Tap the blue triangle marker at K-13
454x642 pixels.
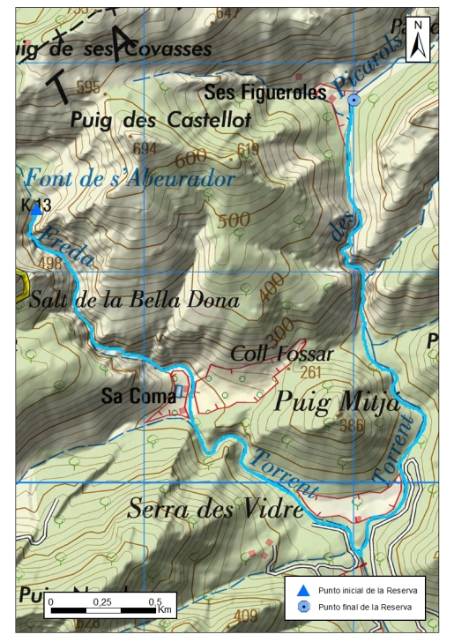coord(35,209)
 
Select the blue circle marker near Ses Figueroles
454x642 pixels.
coord(354,101)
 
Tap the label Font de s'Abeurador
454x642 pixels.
coord(130,178)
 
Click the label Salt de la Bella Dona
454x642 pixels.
coord(134,300)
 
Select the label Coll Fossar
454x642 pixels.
coord(281,354)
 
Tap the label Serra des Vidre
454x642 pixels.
coord(215,509)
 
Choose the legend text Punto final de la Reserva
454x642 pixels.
coord(366,607)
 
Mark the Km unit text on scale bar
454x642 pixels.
coord(165,609)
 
